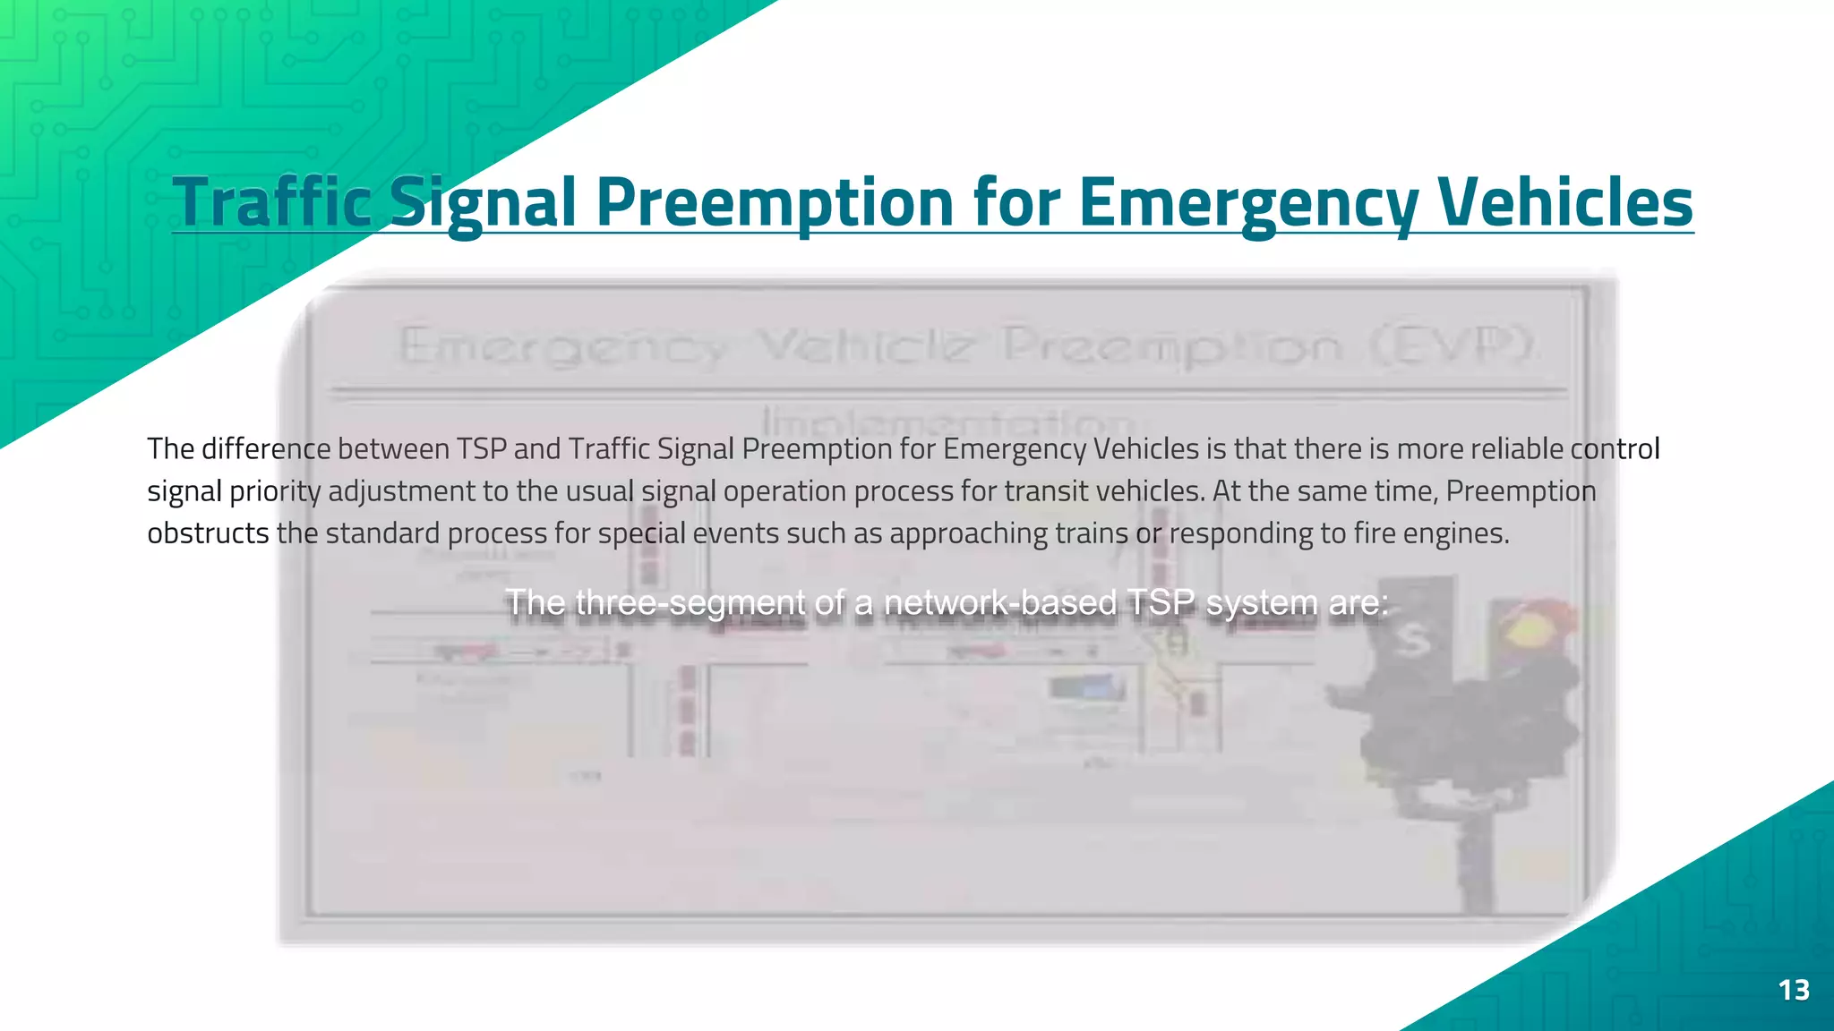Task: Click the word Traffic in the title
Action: [271, 202]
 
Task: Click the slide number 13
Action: [1794, 990]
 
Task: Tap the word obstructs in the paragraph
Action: [208, 533]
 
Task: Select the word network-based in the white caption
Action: [1000, 603]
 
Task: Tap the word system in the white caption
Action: [1263, 603]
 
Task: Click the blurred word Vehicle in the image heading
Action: [865, 345]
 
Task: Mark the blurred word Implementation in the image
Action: [947, 421]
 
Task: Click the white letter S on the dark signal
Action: [1413, 641]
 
